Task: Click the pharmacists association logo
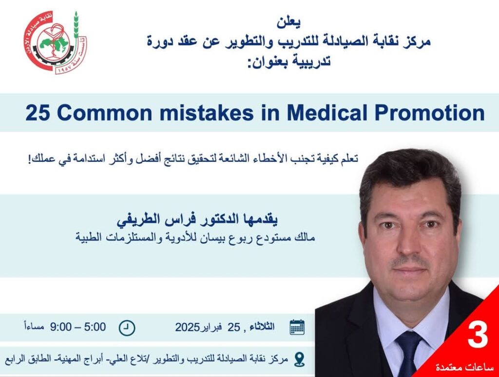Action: [x=56, y=42]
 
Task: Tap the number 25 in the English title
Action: [x=38, y=113]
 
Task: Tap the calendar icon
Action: [x=297, y=327]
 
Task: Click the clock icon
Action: [x=127, y=328]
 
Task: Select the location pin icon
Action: [x=299, y=359]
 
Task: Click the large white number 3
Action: [x=478, y=336]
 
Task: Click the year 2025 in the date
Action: [x=187, y=327]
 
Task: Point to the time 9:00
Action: [x=61, y=327]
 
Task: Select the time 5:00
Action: [x=95, y=327]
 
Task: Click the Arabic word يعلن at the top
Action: [x=288, y=22]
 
